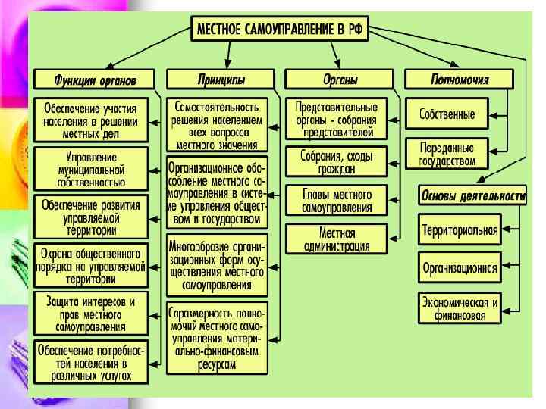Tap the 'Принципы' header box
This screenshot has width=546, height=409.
tap(217, 79)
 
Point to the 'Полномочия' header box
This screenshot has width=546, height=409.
tap(459, 79)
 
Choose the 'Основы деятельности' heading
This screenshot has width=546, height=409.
tap(472, 196)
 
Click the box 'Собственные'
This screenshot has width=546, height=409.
tap(447, 115)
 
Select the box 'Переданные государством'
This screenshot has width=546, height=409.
tap(447, 155)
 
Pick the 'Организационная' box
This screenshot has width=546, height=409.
tap(460, 267)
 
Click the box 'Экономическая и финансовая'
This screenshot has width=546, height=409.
tap(460, 308)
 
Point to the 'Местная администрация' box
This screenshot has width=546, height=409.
tap(337, 239)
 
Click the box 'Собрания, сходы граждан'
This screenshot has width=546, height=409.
tap(337, 161)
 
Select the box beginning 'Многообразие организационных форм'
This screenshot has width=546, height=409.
tap(217, 264)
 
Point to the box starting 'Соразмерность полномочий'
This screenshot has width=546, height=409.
tap(217, 337)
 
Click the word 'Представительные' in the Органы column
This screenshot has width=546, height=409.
tap(337, 107)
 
